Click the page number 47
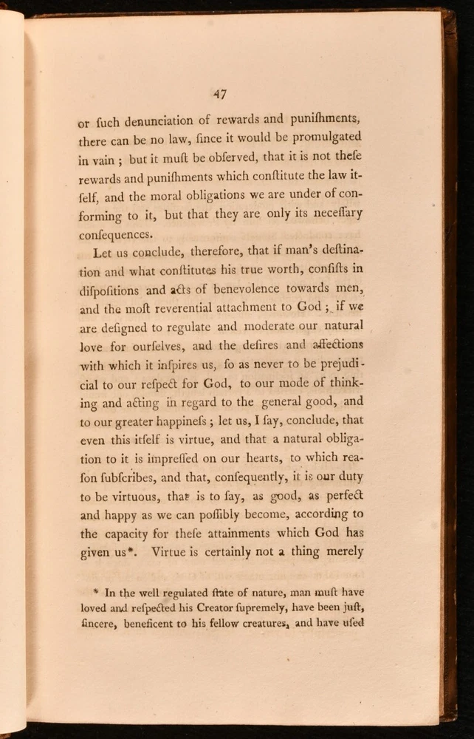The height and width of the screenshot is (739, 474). point(219,94)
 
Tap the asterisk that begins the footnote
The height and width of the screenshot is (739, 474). point(97,590)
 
